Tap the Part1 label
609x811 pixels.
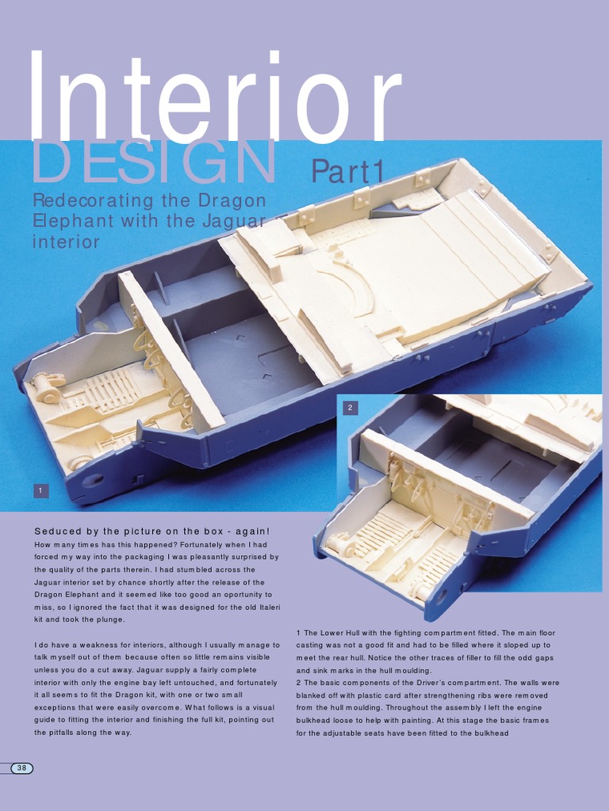coord(347,171)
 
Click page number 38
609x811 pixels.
coord(22,768)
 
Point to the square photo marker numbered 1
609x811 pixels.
coord(40,491)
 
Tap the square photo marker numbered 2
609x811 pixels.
coord(350,408)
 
